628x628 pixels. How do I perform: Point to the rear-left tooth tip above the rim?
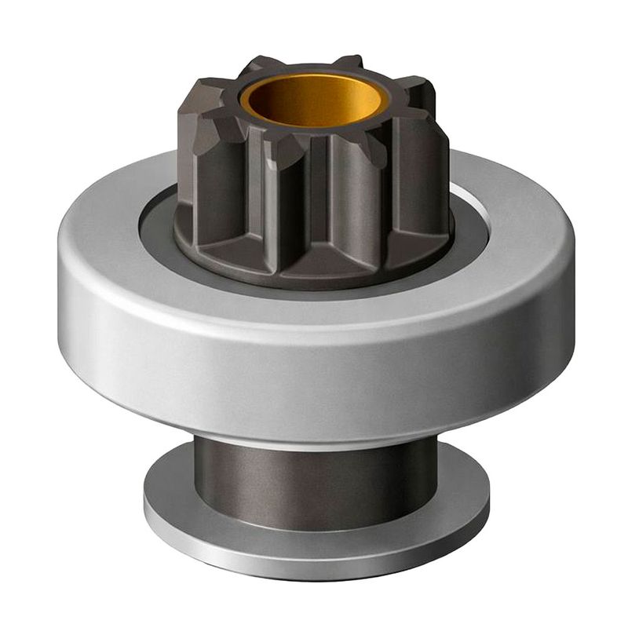pos(259,65)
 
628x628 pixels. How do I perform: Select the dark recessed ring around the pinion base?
pos(157,228)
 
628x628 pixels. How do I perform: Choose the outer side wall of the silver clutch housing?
pos(314,369)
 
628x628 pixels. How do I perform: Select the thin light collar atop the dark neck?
pos(314,446)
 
